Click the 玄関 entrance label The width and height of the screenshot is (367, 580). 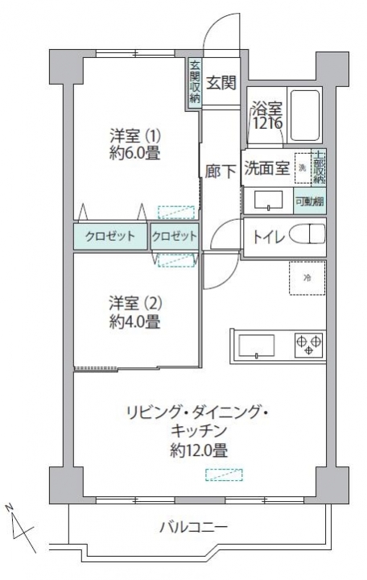(x=221, y=82)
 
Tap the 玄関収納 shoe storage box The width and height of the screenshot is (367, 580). (x=195, y=83)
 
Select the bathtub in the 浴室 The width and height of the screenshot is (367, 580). (x=305, y=115)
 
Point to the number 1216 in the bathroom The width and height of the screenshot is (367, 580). (x=267, y=123)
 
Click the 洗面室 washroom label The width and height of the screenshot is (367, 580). (x=266, y=168)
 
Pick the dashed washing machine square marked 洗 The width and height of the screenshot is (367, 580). (x=303, y=168)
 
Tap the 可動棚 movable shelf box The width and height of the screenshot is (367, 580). (x=310, y=201)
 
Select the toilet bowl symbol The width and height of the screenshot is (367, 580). (x=307, y=234)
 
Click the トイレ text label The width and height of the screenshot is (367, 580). (x=269, y=237)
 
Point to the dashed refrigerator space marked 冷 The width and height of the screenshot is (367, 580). (x=307, y=278)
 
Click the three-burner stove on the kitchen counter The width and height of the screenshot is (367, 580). (x=309, y=345)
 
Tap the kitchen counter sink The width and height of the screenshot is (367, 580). (x=257, y=346)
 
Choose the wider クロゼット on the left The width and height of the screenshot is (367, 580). (x=110, y=236)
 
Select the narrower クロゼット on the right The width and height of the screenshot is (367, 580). (x=175, y=236)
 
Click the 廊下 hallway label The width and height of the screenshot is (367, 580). (x=221, y=172)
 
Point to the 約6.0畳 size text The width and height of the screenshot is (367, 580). (x=135, y=154)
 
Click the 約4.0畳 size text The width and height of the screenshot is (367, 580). (x=135, y=322)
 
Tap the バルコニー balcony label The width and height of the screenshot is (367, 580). (x=193, y=527)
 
